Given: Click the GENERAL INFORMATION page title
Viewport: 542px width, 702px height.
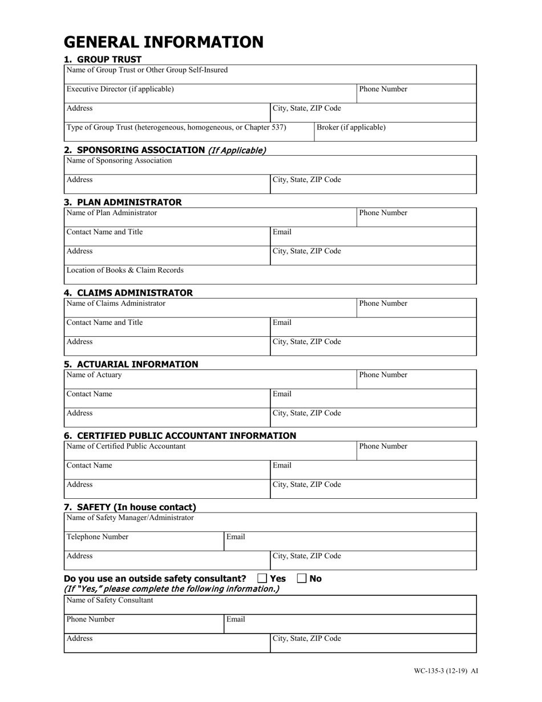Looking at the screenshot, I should click(x=163, y=42).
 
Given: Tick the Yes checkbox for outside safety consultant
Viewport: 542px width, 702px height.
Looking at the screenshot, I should click(x=262, y=579).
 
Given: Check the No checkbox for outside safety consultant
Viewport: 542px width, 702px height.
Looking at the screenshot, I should click(x=302, y=579).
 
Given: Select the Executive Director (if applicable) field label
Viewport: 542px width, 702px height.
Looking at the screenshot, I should click(x=120, y=89).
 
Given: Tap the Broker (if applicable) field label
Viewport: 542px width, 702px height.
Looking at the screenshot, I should click(x=351, y=127).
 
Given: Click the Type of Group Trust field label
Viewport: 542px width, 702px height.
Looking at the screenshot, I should click(x=176, y=127).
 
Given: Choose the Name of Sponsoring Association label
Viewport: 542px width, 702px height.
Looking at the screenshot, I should click(x=119, y=160).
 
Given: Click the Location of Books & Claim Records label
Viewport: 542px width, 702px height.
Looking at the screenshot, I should click(x=125, y=270).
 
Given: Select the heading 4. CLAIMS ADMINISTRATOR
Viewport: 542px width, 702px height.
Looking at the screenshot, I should click(x=128, y=293).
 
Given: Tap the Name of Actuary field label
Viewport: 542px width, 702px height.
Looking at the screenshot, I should click(x=94, y=375).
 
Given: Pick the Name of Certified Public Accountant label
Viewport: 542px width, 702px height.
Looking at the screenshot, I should click(x=126, y=446).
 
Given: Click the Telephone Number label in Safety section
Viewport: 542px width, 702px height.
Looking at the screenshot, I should click(x=98, y=536).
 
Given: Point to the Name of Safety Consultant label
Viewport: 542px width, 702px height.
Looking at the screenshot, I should click(x=110, y=600).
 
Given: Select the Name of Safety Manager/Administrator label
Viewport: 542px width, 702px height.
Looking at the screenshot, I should click(x=130, y=518).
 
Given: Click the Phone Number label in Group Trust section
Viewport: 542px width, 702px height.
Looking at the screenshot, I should click(x=383, y=89).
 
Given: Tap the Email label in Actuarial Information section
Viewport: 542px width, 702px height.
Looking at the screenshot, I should click(x=282, y=394).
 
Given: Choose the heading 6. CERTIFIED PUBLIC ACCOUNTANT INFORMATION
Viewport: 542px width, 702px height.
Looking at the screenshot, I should click(x=180, y=435).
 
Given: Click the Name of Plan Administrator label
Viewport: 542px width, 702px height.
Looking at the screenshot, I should click(x=112, y=213).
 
